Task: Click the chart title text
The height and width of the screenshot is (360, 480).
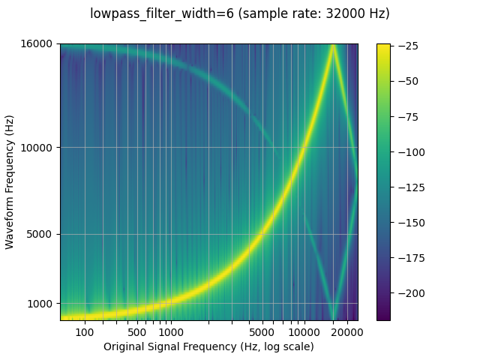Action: [240, 13]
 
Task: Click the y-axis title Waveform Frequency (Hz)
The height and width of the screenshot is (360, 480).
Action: [10, 182]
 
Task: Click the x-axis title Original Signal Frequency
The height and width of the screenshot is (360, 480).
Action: [208, 346]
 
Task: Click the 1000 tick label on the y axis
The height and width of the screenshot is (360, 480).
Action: [42, 304]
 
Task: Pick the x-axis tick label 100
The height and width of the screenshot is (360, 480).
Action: [85, 332]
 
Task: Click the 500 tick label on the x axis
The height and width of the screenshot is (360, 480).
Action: [136, 332]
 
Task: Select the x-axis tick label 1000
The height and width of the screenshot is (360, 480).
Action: [171, 332]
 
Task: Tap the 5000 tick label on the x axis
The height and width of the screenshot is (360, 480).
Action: [260, 332]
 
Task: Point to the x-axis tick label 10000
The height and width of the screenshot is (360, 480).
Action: [304, 332]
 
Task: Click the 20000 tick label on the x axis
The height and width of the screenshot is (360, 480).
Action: [346, 332]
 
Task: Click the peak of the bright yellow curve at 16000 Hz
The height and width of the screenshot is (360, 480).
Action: [332, 46]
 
